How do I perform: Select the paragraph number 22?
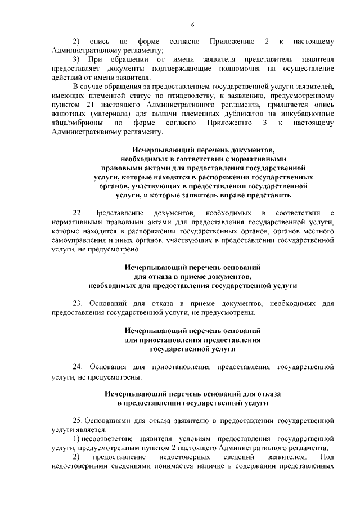point(78,213)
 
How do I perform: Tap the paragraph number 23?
point(78,304)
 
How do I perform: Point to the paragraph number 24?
point(78,367)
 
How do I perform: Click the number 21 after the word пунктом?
point(103,105)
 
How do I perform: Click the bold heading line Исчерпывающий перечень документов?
point(204,151)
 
